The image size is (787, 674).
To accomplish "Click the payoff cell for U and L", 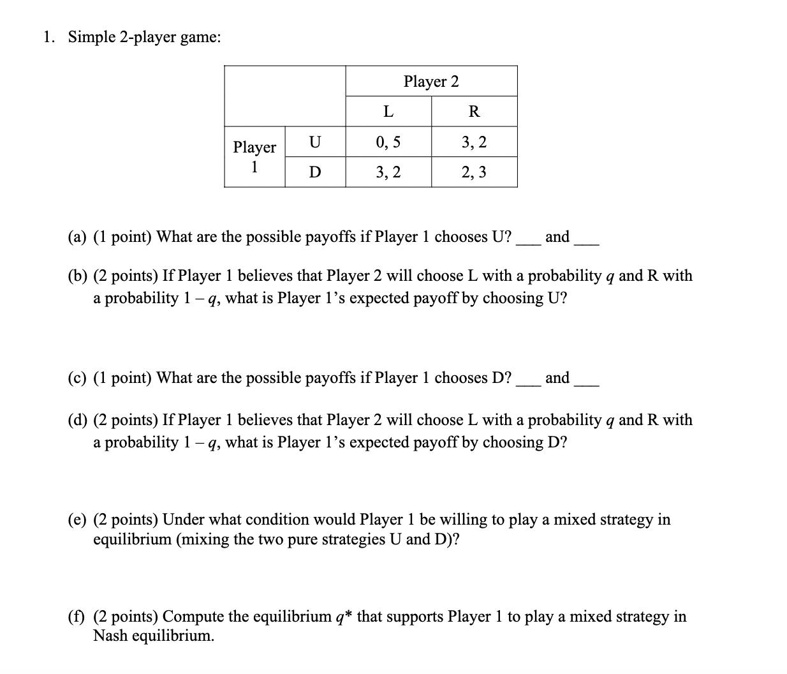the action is tap(388, 142).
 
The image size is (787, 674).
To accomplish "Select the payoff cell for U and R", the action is tap(474, 142).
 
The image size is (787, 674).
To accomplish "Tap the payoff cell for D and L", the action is tap(388, 172).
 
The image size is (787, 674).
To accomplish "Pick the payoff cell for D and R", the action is tap(474, 172).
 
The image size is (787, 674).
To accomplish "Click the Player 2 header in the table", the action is tap(431, 82).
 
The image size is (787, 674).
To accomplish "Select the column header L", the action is tap(388, 112).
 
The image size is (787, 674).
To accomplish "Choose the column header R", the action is tap(474, 112).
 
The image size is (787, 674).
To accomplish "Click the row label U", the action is tap(315, 142).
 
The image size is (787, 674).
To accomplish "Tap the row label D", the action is tap(315, 172).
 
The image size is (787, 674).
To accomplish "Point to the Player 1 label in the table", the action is tap(254, 157).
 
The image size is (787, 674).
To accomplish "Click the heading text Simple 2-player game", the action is tap(145, 37).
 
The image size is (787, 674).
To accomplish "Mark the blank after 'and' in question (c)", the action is tap(586, 384).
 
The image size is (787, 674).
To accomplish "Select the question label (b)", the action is tap(78, 276).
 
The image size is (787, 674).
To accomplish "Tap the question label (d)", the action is tap(78, 420).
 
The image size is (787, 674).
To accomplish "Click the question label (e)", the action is tap(78, 520).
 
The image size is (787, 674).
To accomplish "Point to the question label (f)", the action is tap(78, 617).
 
